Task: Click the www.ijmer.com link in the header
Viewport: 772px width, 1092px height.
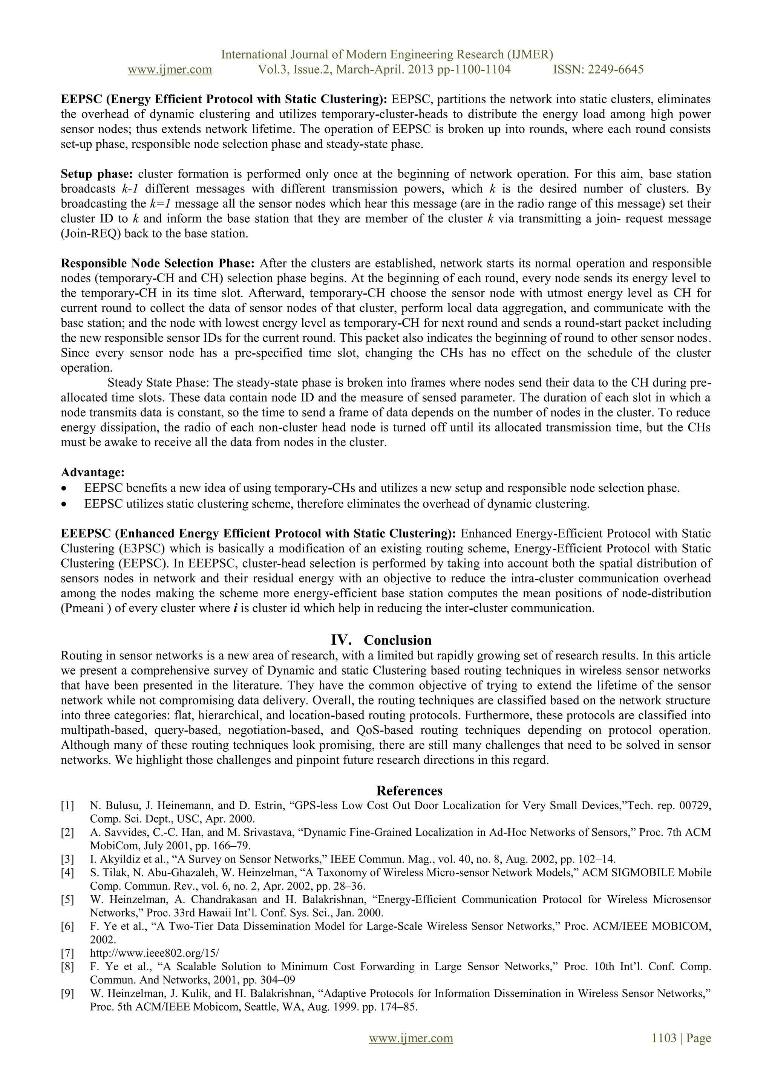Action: coord(170,70)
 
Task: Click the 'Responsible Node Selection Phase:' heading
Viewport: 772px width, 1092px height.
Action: coord(158,263)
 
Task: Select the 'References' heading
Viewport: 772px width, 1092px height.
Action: coord(409,791)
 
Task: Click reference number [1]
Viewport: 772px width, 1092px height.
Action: coord(67,806)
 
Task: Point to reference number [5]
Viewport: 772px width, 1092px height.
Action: coord(67,899)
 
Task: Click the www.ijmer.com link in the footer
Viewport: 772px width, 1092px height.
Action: coord(411,1038)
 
